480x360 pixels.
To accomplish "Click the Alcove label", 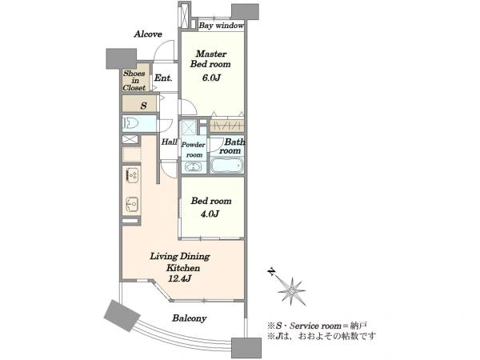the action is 148,34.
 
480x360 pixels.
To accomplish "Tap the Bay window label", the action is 221,26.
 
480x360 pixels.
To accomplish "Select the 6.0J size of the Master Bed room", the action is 211,78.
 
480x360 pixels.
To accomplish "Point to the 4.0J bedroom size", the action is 210,214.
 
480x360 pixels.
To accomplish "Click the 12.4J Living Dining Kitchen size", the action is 180,278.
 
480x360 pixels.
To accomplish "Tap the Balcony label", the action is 189,318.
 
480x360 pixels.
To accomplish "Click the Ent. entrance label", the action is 163,78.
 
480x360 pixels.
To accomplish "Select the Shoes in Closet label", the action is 134,81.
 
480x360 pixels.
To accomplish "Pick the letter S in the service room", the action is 143,106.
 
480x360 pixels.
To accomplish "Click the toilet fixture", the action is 131,123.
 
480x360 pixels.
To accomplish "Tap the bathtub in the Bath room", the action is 227,166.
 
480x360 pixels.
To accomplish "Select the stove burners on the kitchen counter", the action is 132,176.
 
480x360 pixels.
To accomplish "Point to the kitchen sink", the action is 132,203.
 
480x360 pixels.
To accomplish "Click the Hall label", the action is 170,142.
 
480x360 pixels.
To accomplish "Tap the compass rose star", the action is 292,291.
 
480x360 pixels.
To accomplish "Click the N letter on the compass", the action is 271,272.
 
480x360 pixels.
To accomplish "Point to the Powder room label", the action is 194,150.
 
